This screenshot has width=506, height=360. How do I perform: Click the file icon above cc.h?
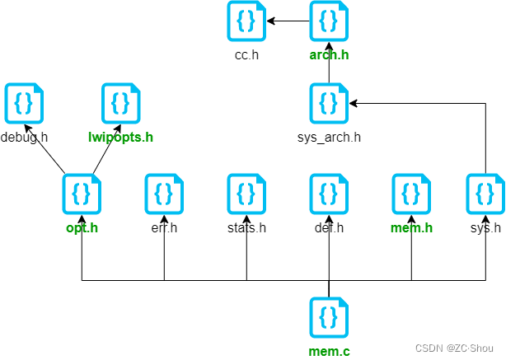pyautogui.click(x=246, y=21)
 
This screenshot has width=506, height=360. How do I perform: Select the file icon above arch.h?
pyautogui.click(x=329, y=21)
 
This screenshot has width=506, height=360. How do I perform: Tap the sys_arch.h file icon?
pyautogui.click(x=329, y=103)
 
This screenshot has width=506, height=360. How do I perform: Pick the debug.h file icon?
pyautogui.click(x=24, y=103)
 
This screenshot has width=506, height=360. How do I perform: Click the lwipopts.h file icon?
pyautogui.click(x=120, y=103)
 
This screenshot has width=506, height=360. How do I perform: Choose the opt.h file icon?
pyautogui.click(x=82, y=194)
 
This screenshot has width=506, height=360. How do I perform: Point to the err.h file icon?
pyautogui.click(x=164, y=194)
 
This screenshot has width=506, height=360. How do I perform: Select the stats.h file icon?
pyautogui.click(x=246, y=194)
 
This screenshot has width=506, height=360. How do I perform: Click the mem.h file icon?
pyautogui.click(x=411, y=194)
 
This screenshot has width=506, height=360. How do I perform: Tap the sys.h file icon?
pyautogui.click(x=485, y=194)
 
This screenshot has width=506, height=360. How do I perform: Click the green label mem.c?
pyautogui.click(x=329, y=352)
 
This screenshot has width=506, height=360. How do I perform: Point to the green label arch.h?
pyautogui.click(x=329, y=55)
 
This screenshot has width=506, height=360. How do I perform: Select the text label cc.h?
pyautogui.click(x=246, y=55)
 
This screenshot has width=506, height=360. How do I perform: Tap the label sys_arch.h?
pyautogui.click(x=329, y=137)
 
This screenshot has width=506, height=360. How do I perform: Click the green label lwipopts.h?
pyautogui.click(x=120, y=137)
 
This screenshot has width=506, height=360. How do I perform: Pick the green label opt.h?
pyautogui.click(x=82, y=227)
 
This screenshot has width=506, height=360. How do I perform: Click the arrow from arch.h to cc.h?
pyautogui.click(x=288, y=21)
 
